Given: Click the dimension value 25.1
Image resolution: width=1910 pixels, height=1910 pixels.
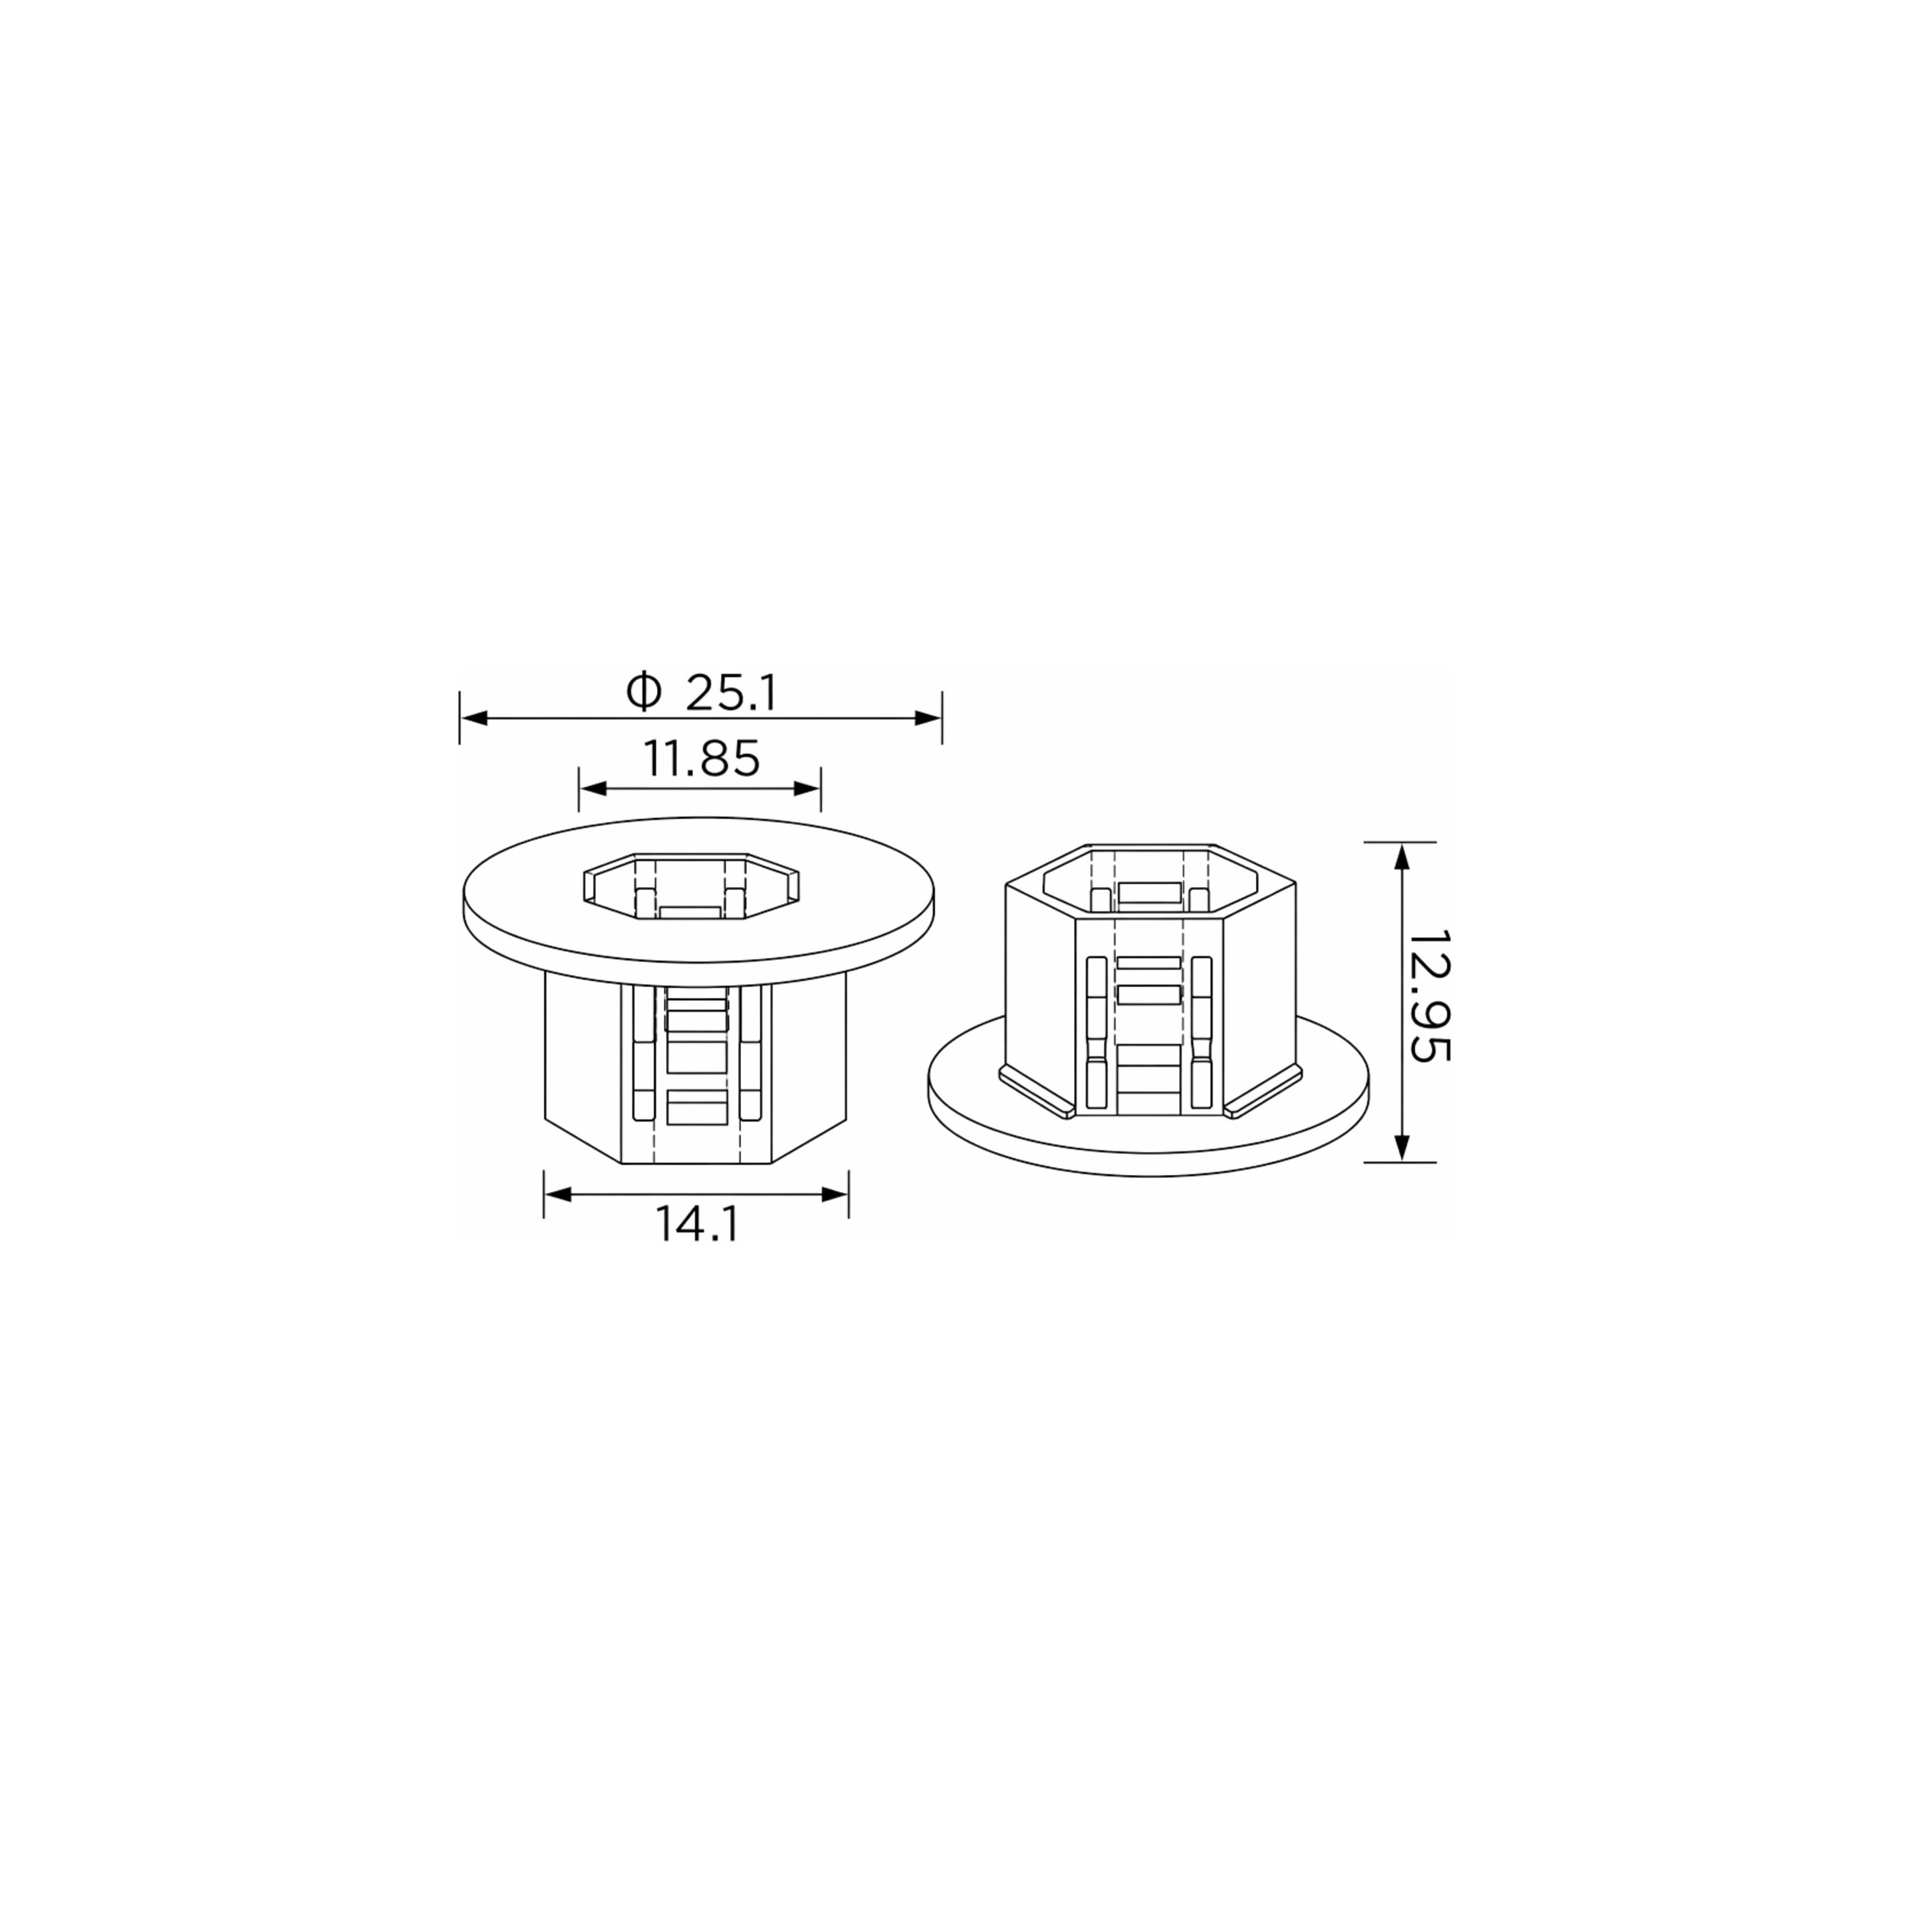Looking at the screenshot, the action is pos(732,694).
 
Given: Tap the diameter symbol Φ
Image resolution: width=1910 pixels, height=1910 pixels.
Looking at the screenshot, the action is pos(643,692).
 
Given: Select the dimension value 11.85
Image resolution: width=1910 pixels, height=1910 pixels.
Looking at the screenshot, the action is pos(702,759).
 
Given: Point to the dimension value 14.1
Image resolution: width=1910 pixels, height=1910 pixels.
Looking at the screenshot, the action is pos(697,1226).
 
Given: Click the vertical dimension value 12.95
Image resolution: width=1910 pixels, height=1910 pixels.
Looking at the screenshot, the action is pos(1429,995).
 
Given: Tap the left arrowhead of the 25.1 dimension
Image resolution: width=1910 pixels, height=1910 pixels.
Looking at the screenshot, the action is pos(474,717).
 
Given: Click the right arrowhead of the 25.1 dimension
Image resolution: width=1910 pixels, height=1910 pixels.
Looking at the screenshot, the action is pos(927,717).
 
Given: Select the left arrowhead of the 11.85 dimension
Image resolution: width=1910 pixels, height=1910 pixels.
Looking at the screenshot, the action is pos(593,788).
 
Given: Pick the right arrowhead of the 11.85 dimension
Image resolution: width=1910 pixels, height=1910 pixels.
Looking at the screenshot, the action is pos(808,788).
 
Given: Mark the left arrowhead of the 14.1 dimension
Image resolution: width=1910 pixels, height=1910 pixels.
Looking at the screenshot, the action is pos(558,1194).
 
